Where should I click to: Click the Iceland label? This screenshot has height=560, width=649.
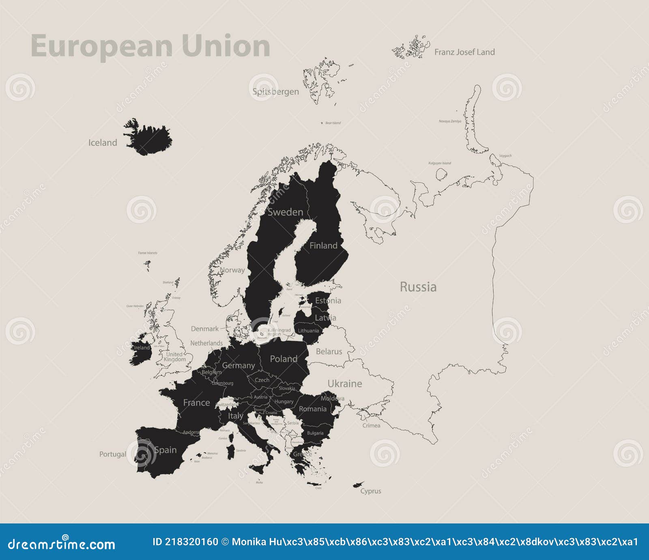103,143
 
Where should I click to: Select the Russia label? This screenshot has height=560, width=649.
418,287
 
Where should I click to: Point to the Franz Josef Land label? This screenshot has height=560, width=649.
464,52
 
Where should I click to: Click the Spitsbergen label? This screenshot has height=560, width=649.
275,91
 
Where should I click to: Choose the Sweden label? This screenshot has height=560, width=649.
285,212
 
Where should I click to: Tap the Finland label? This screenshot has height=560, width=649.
323,245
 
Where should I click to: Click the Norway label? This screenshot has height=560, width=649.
232,270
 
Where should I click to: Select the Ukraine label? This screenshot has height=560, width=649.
345,383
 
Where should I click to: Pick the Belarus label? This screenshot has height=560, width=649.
329,351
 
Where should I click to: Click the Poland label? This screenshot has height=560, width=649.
284,359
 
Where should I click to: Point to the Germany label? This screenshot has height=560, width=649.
239,365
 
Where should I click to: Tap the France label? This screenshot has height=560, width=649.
196,403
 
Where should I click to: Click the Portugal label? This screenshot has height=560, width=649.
113,454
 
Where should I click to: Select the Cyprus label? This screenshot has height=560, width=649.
371,491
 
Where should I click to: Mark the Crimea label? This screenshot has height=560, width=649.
371,426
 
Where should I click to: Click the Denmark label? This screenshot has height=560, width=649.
205,329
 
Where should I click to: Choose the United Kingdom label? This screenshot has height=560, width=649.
175,357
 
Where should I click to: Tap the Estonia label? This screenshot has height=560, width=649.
328,301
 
